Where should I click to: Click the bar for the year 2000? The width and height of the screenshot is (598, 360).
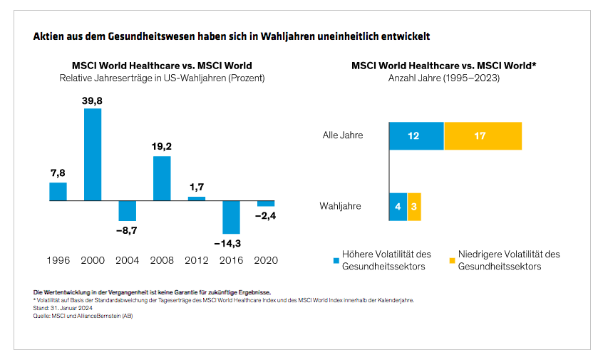coord(93,154)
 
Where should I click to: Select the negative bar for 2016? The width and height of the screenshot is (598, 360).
coord(232,217)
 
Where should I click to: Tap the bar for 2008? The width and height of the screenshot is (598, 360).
coord(162,178)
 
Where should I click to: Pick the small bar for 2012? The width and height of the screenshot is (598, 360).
coord(197,199)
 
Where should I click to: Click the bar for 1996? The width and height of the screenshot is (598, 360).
coord(58,192)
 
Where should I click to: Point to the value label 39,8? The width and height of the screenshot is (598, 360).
coord(93,101)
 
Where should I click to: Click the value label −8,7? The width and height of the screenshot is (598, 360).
coord(127,231)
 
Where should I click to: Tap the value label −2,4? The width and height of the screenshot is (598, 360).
coord(266,216)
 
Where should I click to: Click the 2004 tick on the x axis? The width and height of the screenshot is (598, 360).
coord(127,260)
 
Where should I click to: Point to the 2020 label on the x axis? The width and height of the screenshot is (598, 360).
coord(266,260)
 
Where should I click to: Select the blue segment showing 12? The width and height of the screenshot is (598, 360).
coord(416,135)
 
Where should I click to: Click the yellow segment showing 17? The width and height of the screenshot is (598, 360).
coord(483,135)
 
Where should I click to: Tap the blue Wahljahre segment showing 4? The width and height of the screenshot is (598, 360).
coord(398,207)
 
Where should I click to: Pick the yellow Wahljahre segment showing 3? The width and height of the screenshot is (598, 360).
coord(414,207)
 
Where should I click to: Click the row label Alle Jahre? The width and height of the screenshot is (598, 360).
coord(343,135)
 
